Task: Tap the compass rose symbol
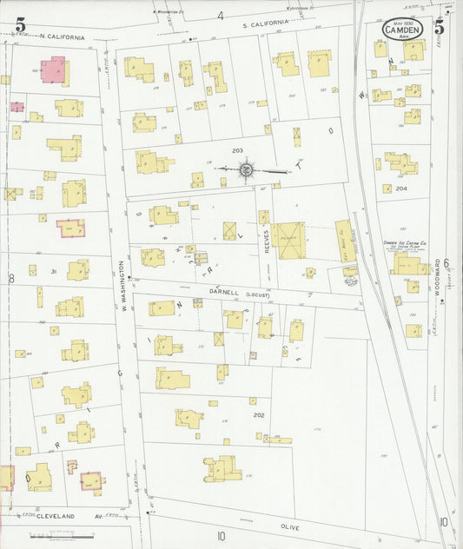[247, 169]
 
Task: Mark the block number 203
[236, 150]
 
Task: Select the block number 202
[258, 415]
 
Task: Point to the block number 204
[401, 189]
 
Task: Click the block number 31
[54, 272]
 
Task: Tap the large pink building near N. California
[54, 69]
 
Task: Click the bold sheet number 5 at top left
[19, 23]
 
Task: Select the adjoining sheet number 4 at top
[221, 16]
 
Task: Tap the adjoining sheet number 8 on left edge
[10, 279]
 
